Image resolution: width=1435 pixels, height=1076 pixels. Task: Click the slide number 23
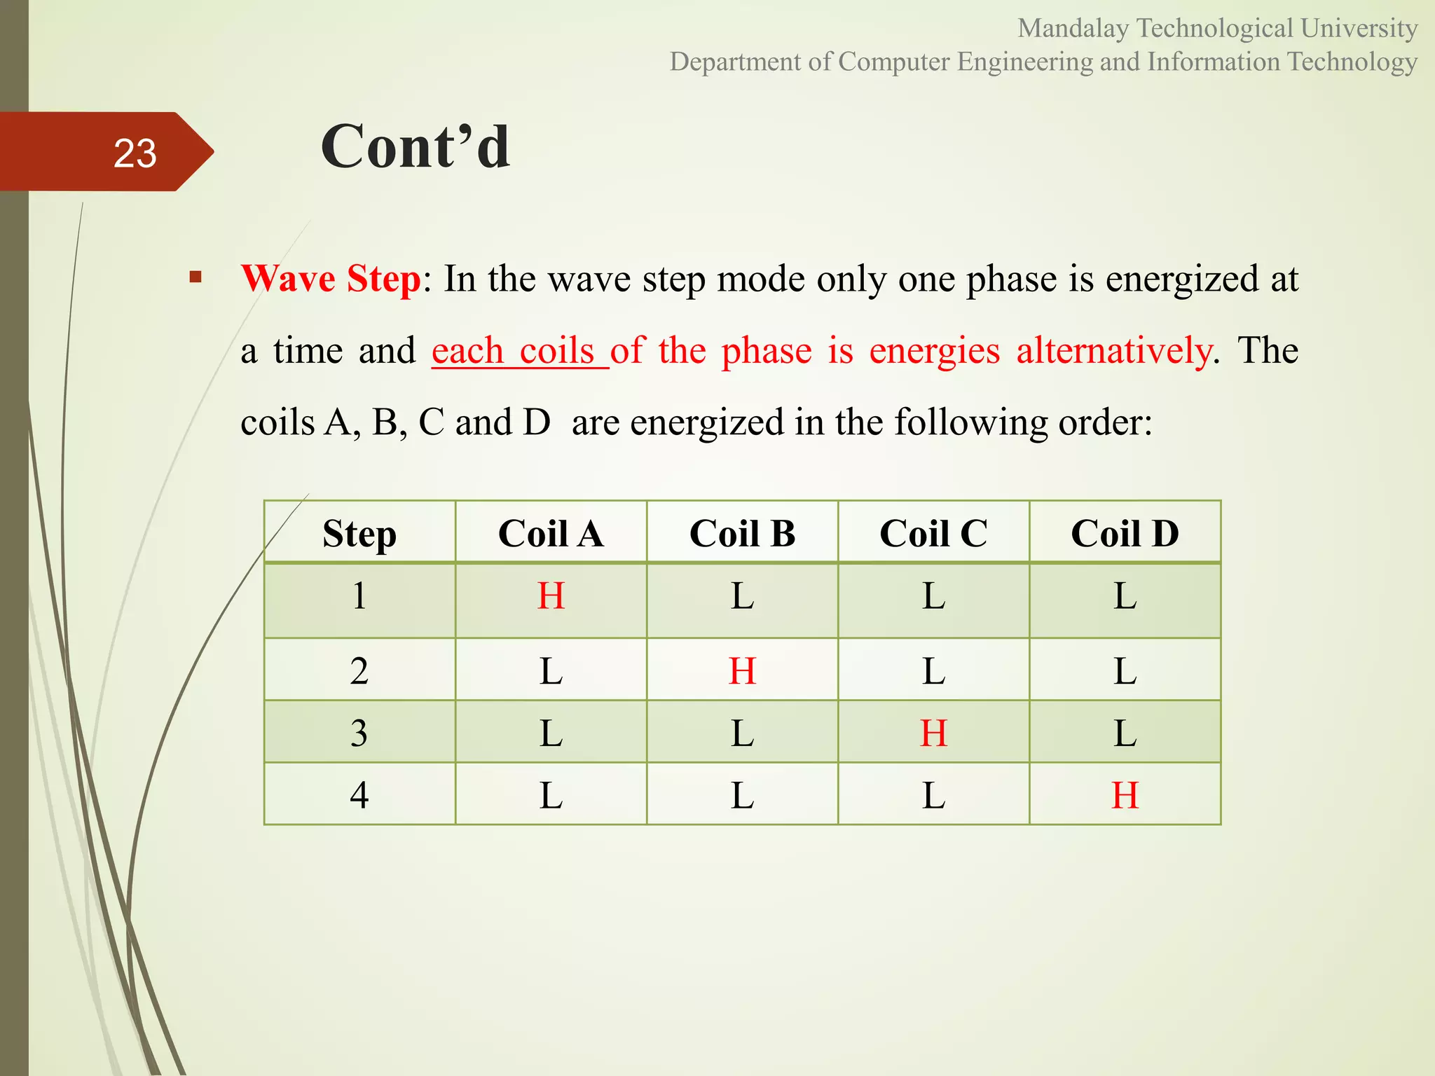(135, 153)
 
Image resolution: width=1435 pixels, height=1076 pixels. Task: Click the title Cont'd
(416, 146)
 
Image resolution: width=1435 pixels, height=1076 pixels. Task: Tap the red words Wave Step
(331, 279)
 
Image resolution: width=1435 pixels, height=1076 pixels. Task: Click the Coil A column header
(551, 534)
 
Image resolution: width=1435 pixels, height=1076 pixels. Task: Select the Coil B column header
(742, 534)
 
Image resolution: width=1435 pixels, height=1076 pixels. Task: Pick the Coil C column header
(933, 534)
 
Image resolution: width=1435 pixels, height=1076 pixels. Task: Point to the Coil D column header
(1125, 534)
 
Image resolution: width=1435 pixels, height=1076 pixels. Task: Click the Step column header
(359, 534)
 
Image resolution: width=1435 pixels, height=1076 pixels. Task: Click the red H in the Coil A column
(551, 596)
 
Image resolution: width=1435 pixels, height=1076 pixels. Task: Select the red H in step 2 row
(742, 671)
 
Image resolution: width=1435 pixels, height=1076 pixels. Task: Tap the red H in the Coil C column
(933, 733)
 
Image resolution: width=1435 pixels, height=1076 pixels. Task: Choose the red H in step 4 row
(1125, 796)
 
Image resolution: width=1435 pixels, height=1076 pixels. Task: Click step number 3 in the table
(359, 733)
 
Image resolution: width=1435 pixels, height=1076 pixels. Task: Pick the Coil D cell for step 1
(1125, 596)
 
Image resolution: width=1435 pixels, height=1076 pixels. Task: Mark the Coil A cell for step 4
(551, 796)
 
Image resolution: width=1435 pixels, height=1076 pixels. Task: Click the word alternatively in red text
(1114, 350)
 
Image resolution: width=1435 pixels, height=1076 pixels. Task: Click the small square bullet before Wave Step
(195, 277)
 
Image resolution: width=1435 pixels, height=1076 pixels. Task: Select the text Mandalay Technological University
(1217, 28)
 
